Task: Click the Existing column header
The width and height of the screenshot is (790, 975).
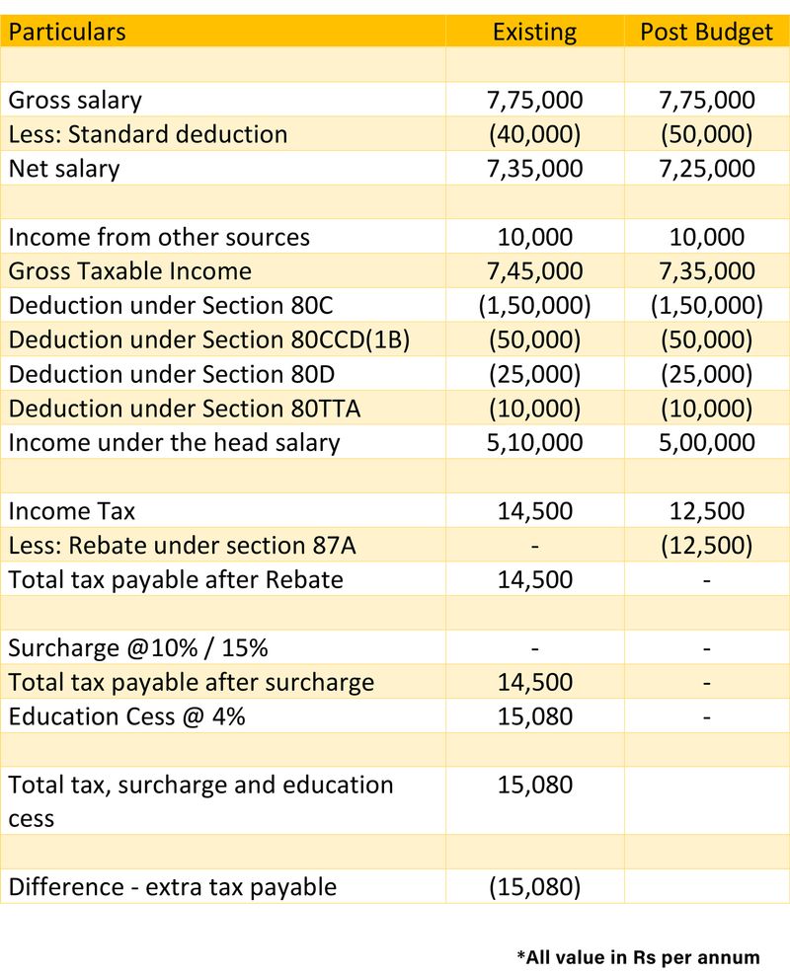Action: click(534, 32)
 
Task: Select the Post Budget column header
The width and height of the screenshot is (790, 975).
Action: click(706, 32)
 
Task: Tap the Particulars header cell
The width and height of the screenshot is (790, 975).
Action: click(67, 32)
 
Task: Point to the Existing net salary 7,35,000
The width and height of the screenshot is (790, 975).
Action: click(534, 168)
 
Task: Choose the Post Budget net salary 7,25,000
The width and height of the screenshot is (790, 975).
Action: click(706, 168)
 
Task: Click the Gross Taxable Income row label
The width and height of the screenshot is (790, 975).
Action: click(129, 270)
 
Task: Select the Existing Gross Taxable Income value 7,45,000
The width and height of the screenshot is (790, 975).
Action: click(534, 270)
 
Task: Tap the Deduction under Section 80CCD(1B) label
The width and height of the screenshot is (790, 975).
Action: click(208, 339)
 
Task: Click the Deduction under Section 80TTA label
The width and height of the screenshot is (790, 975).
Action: click(184, 408)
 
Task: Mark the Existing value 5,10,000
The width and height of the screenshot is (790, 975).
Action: click(534, 442)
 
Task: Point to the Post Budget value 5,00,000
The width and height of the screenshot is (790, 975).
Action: click(706, 442)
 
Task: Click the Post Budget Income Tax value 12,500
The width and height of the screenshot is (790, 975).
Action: click(706, 511)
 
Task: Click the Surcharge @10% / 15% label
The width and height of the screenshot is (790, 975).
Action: click(138, 648)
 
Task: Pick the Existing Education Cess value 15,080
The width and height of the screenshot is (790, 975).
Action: click(534, 716)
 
